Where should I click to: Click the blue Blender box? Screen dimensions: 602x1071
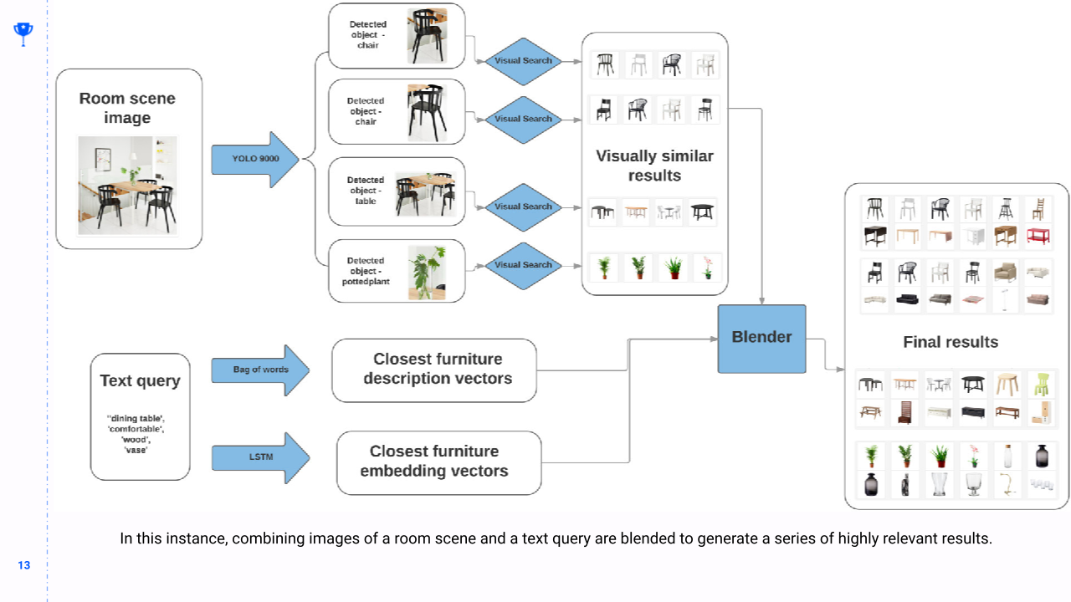point(761,338)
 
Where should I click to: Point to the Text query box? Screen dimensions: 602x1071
point(140,416)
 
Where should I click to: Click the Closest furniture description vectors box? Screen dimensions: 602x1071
point(433,370)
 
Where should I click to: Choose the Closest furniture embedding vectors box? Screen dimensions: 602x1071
point(438,462)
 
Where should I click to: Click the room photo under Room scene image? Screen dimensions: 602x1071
point(127,185)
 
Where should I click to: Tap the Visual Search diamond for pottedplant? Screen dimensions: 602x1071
point(524,265)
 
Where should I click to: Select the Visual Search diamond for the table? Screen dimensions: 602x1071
point(524,207)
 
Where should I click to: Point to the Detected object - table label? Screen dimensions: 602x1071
point(366,191)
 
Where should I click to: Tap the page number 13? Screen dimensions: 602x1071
point(23,565)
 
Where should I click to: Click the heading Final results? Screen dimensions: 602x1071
point(951,342)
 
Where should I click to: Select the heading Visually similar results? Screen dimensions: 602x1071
point(654,166)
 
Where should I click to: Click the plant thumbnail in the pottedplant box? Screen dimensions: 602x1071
point(425,272)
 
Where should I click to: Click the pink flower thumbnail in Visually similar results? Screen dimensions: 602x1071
point(707,268)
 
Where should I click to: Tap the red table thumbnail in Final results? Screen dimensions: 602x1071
point(1038,237)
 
